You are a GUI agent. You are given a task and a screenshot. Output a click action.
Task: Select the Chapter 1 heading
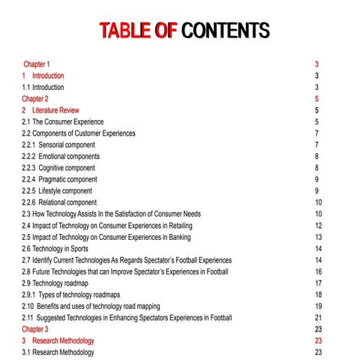pos(37,64)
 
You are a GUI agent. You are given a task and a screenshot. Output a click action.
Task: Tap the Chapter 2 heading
pos(35,98)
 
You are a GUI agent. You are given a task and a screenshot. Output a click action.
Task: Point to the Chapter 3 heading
pos(35,328)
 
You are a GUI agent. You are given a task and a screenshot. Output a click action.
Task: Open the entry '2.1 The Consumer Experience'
pos(63,121)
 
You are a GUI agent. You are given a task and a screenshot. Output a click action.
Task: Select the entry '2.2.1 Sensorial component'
pos(60,145)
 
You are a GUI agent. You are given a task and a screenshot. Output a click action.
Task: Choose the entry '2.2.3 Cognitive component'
pos(60,168)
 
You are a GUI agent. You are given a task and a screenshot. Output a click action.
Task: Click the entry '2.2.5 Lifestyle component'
pos(59,190)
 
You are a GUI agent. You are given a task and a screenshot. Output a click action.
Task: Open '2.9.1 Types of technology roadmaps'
pos(70,295)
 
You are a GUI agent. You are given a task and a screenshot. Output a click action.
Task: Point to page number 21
pos(318,317)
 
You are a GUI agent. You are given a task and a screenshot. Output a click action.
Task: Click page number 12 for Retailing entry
pos(318,225)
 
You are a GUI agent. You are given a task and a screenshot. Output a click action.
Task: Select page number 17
pos(318,283)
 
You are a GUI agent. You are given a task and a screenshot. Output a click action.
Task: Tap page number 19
pos(318,306)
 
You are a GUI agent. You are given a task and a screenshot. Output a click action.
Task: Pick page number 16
pos(318,271)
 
